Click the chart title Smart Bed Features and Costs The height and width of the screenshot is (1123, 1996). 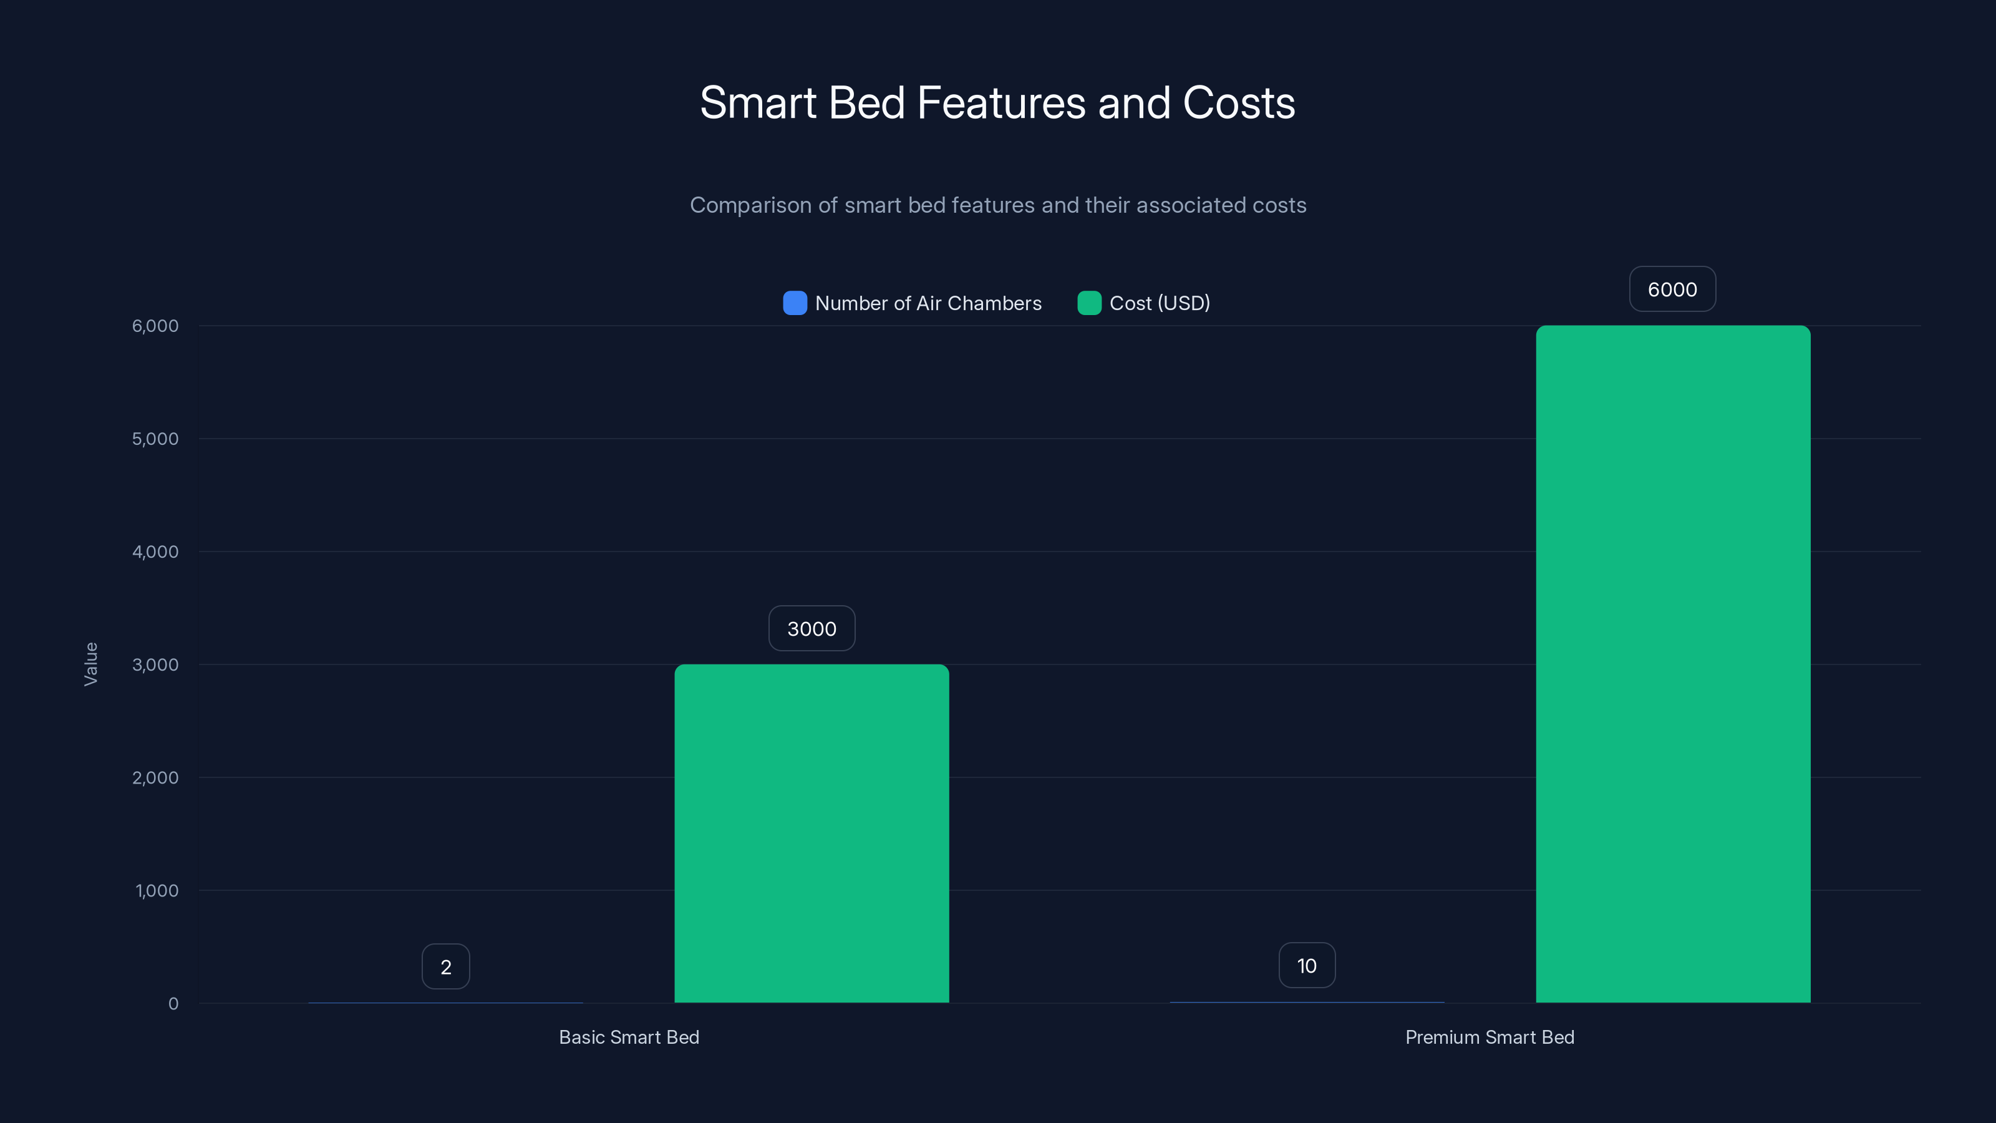coord(997,102)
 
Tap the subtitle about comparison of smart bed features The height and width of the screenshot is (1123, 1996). coord(997,205)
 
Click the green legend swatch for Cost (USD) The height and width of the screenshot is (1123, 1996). coord(1088,303)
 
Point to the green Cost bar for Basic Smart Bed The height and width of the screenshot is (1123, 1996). coord(811,833)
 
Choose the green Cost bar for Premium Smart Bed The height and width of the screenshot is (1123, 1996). coord(1672,664)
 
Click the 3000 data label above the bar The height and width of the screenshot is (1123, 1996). coord(811,628)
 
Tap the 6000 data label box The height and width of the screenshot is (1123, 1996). coord(1672,289)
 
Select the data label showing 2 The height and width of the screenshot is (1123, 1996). coord(445,966)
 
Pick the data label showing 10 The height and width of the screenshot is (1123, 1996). coord(1306,966)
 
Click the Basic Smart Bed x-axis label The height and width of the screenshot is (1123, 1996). coord(628,1037)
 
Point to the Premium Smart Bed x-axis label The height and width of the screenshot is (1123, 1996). coord(1490,1037)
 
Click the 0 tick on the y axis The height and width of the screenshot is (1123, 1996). coord(173,1004)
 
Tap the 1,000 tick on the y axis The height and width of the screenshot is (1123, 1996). coord(157,890)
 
